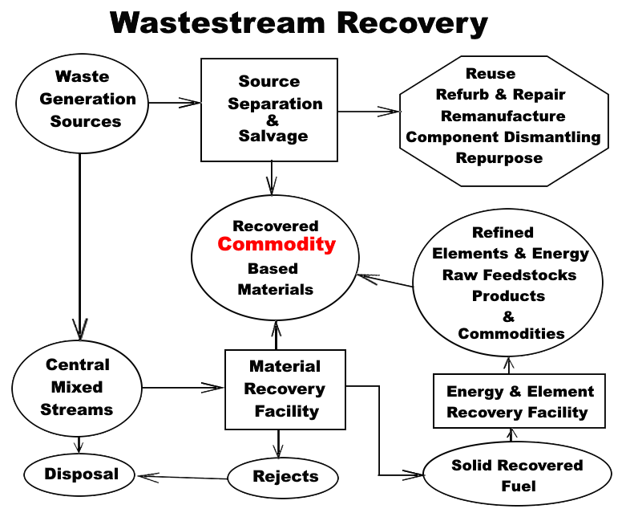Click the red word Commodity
[277, 245]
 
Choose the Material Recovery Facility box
[285, 389]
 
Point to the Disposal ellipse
[82, 474]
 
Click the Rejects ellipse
[285, 477]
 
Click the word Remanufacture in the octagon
[503, 116]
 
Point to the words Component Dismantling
[503, 136]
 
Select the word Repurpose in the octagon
[499, 157]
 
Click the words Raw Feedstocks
[509, 275]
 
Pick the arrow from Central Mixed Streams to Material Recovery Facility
[183, 388]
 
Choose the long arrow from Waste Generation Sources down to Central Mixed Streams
[79, 241]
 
